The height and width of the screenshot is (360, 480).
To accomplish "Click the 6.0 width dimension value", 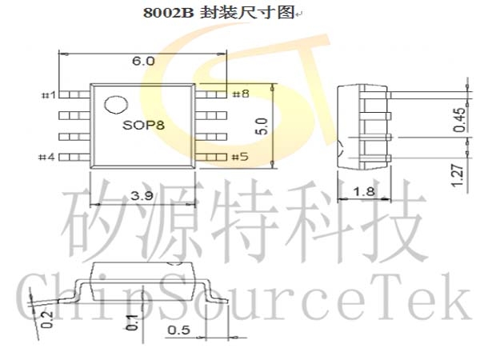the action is [x=143, y=61].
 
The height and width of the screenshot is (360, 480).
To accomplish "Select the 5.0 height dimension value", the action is [x=262, y=126].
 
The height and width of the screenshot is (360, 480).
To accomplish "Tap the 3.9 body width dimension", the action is [x=142, y=195].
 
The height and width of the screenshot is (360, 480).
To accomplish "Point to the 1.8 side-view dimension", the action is [x=364, y=192].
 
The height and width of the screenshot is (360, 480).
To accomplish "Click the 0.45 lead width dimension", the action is [x=459, y=120].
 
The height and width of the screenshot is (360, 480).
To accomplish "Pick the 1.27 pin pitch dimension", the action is [x=457, y=175].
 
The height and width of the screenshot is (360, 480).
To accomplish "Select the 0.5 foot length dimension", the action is [x=179, y=330].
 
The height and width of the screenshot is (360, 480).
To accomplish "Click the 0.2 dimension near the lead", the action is [x=47, y=319].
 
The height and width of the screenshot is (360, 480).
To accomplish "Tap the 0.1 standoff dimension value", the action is [x=132, y=322].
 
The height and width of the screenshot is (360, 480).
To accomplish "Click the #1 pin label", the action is [x=49, y=95].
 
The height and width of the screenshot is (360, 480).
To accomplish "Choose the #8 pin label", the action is [x=242, y=94].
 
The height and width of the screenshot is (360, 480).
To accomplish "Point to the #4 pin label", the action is [x=46, y=157].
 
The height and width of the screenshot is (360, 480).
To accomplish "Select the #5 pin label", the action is [x=240, y=157].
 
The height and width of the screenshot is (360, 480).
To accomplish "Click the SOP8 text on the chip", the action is [x=143, y=125].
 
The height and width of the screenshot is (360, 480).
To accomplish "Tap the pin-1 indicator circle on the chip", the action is [x=116, y=105].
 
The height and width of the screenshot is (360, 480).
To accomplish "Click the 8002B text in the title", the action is [x=169, y=13].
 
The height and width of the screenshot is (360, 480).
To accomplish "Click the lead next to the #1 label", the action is [x=74, y=94].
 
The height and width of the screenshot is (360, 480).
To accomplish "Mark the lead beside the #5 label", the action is [x=211, y=158].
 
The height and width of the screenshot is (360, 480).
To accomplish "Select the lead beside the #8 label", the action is [x=211, y=94].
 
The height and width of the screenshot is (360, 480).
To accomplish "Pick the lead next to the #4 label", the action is [x=74, y=158].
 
